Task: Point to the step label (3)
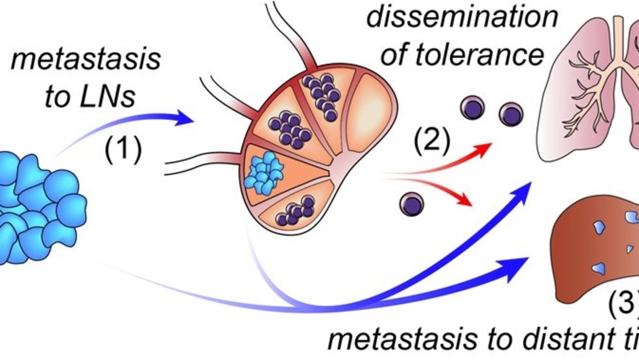click(624, 301)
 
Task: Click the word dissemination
click(462, 17)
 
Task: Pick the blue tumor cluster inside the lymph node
click(264, 173)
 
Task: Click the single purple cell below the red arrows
click(412, 204)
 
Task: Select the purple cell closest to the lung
click(511, 114)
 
